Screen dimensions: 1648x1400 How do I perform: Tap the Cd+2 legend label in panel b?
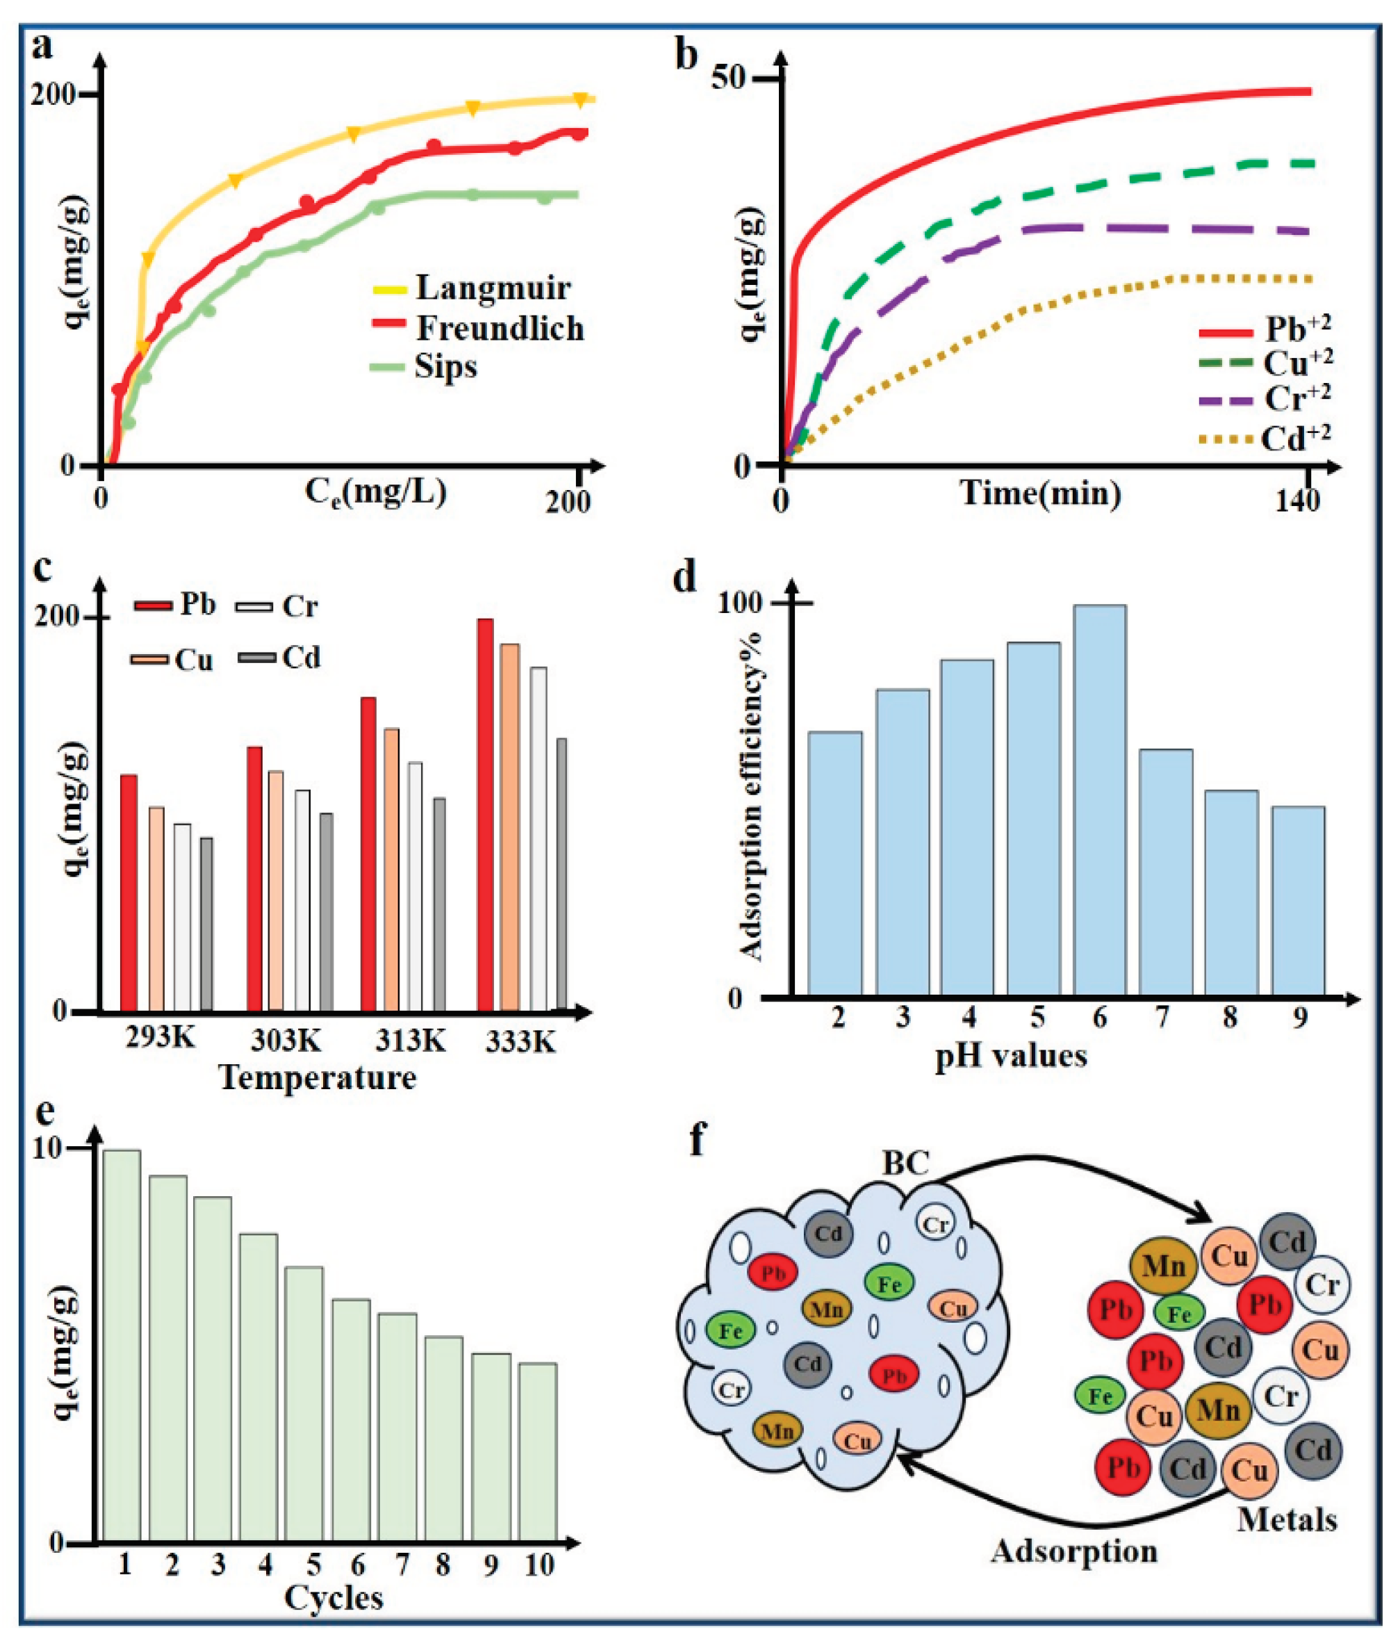[1295, 438]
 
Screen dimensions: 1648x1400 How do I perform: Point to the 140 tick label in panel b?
[1298, 501]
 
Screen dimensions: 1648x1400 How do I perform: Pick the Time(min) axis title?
[1041, 493]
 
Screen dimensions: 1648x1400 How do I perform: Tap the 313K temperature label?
[411, 1039]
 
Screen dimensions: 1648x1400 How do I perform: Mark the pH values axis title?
[1011, 1056]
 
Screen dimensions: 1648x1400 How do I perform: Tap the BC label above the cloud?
[905, 1163]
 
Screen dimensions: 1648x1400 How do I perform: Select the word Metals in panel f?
[1287, 1519]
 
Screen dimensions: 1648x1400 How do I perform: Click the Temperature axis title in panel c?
[318, 1078]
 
